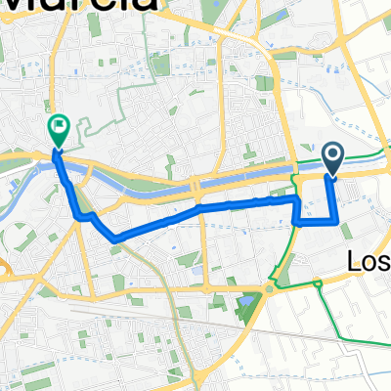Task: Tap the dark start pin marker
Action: click(x=333, y=156)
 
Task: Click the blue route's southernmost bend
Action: click(x=115, y=239)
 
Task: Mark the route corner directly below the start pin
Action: click(x=338, y=221)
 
